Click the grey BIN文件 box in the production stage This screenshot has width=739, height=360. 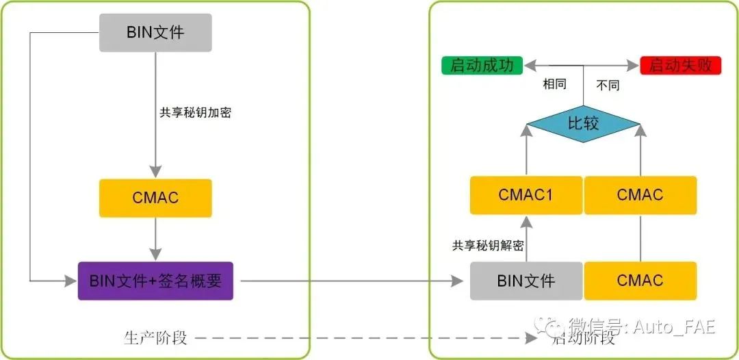[155, 33]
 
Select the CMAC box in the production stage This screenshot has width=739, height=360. [155, 198]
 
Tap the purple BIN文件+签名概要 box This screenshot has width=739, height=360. [155, 281]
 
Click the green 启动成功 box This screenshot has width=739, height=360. [482, 66]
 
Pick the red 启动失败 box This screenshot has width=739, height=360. [681, 66]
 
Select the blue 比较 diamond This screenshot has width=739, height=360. [584, 124]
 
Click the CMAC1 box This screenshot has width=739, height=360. [526, 195]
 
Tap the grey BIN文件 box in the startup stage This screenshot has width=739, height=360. [526, 281]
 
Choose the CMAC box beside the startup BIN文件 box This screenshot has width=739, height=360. [640, 281]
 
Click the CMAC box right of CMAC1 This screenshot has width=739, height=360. [640, 195]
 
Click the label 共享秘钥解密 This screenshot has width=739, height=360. [488, 246]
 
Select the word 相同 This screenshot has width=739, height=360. [554, 85]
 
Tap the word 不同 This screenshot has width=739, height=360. [608, 86]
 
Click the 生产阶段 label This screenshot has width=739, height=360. [155, 338]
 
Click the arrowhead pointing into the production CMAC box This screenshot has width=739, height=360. [155, 172]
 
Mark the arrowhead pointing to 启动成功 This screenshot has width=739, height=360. [530, 66]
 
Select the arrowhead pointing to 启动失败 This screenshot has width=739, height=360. [633, 66]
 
